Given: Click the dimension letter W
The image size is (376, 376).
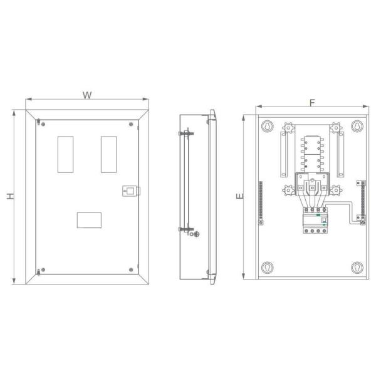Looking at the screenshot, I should tap(88, 95).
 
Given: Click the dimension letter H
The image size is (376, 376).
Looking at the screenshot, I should tap(9, 196).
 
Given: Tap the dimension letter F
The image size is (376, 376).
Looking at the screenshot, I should tap(311, 102).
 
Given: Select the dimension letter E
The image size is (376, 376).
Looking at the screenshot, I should tap(239, 197).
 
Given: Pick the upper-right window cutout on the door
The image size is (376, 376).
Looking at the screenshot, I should tap(108, 154).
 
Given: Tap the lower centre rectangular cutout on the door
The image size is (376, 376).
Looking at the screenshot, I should tap(88, 219).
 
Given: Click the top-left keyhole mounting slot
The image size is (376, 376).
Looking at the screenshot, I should tap(267, 125).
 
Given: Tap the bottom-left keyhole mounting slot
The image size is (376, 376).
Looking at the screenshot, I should tap(267, 268).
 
